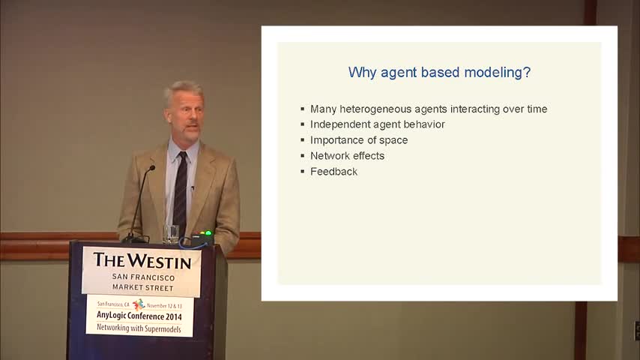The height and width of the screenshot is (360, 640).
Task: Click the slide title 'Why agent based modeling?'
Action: pyautogui.click(x=439, y=73)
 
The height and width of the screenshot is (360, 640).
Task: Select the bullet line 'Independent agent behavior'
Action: pyautogui.click(x=377, y=124)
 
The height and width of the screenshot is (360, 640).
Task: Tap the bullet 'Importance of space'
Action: pyautogui.click(x=359, y=140)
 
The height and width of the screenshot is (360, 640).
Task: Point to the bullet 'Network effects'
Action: pyautogui.click(x=347, y=156)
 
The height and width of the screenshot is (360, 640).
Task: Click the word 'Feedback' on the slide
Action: pyautogui.click(x=334, y=172)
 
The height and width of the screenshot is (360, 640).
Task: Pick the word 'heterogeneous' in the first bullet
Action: pyautogui.click(x=375, y=109)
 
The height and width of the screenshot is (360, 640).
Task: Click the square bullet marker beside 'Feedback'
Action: pyautogui.click(x=303, y=172)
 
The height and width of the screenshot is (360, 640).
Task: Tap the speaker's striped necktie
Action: pyautogui.click(x=180, y=192)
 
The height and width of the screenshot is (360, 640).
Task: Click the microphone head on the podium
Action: pyautogui.click(x=152, y=168)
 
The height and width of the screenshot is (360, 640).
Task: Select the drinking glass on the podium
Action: pyautogui.click(x=171, y=234)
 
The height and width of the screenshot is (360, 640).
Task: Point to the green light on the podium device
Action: pyautogui.click(x=208, y=233)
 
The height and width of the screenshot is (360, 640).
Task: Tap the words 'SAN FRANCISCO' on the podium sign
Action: pyautogui.click(x=143, y=277)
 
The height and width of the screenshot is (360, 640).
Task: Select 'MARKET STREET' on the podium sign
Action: pyautogui.click(x=143, y=288)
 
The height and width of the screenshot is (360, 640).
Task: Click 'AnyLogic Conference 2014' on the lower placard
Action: pyautogui.click(x=139, y=316)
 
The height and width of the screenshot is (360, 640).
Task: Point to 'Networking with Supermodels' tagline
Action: pyautogui.click(x=139, y=328)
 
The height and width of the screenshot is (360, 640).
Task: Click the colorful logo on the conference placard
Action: pyautogui.click(x=139, y=304)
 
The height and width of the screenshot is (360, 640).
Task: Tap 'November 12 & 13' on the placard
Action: pyautogui.click(x=164, y=306)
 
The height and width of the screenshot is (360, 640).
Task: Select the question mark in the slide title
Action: pyautogui.click(x=527, y=72)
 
